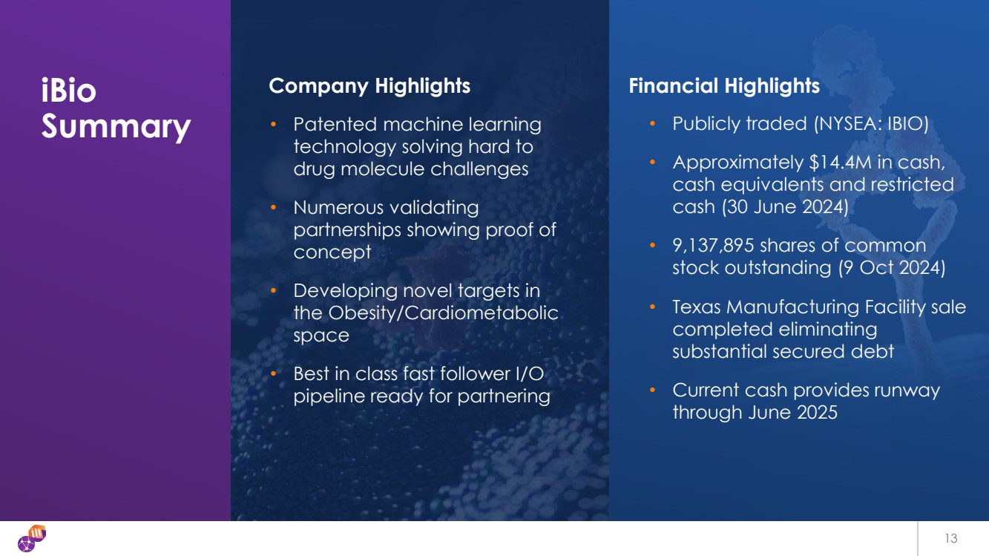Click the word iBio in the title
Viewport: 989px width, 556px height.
[x=68, y=90]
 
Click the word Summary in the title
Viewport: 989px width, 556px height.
[x=116, y=127]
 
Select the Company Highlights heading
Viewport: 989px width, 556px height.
[x=369, y=86]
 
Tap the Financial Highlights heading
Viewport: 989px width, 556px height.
[x=724, y=86]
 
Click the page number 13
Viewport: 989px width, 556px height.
[x=951, y=538]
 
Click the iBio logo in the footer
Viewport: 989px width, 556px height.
[x=32, y=538]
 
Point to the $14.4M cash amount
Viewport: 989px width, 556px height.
[x=840, y=163]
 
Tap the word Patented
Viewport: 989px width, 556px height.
[x=335, y=125]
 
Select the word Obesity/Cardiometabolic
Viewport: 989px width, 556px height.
[x=443, y=313]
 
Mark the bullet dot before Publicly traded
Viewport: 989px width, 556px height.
[x=653, y=123]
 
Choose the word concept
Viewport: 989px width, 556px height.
[x=332, y=253]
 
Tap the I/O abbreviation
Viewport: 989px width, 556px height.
[x=530, y=374]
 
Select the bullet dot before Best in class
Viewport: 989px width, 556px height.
[x=273, y=374]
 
